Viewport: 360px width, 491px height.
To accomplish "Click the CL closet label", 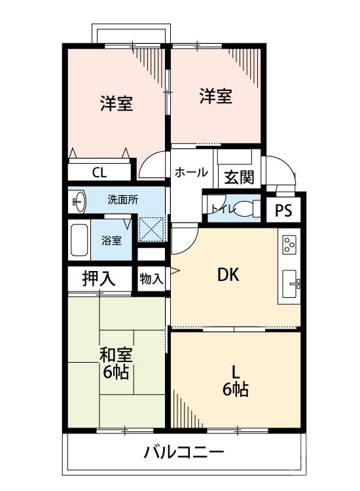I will point(99,173).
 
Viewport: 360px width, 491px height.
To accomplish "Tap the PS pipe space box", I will point(283,211).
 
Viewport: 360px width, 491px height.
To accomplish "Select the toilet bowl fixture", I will point(245,209).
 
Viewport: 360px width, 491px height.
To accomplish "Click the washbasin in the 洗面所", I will point(78,202).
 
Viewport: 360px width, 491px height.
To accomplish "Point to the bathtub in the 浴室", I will point(80,240).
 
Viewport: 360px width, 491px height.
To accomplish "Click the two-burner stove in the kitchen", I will point(288,245).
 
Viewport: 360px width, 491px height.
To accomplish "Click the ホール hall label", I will point(191,172).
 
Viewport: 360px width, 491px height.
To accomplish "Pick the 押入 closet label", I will point(99,278).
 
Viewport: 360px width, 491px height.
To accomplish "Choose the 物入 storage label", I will point(151,278).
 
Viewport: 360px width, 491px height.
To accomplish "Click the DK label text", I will point(228,275).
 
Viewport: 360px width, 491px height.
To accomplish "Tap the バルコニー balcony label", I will point(184,452).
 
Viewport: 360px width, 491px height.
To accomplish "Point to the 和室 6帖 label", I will point(116,364).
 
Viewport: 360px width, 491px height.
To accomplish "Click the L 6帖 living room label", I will point(235,380).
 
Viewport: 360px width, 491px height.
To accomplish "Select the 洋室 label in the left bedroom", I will point(117,103).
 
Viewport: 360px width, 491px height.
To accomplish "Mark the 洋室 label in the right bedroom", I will point(215,97).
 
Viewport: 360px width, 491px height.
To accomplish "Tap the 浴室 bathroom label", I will point(111,240).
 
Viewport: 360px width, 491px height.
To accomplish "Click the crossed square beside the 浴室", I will point(152,230).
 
